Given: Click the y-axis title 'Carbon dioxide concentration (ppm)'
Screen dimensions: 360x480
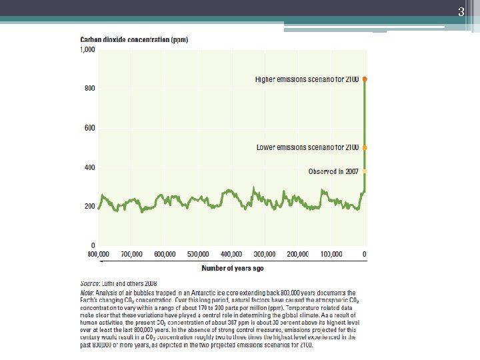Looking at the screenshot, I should pyautogui.click(x=134, y=40).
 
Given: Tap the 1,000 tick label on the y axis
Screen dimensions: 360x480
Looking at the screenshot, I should pyautogui.click(x=88, y=50).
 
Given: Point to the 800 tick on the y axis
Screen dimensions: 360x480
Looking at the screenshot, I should pyautogui.click(x=89, y=88).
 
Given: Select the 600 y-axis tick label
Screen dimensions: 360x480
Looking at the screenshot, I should pyautogui.click(x=89, y=128).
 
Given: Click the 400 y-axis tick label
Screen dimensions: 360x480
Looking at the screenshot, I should pyautogui.click(x=89, y=167).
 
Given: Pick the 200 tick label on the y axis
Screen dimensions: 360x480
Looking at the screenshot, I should pyautogui.click(x=89, y=207).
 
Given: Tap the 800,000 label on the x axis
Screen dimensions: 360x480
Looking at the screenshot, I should pyautogui.click(x=98, y=255).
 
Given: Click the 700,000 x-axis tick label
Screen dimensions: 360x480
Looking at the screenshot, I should pyautogui.click(x=132, y=255).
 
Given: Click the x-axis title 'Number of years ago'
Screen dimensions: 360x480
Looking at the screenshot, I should pyautogui.click(x=233, y=268).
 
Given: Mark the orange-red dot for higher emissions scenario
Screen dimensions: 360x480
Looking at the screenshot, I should pyautogui.click(x=365, y=79).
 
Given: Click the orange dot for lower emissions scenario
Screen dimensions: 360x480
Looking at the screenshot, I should pyautogui.click(x=365, y=147).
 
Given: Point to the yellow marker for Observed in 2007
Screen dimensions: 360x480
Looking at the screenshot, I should pyautogui.click(x=365, y=171).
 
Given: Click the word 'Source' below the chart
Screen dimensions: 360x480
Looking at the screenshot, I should pyautogui.click(x=90, y=283).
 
